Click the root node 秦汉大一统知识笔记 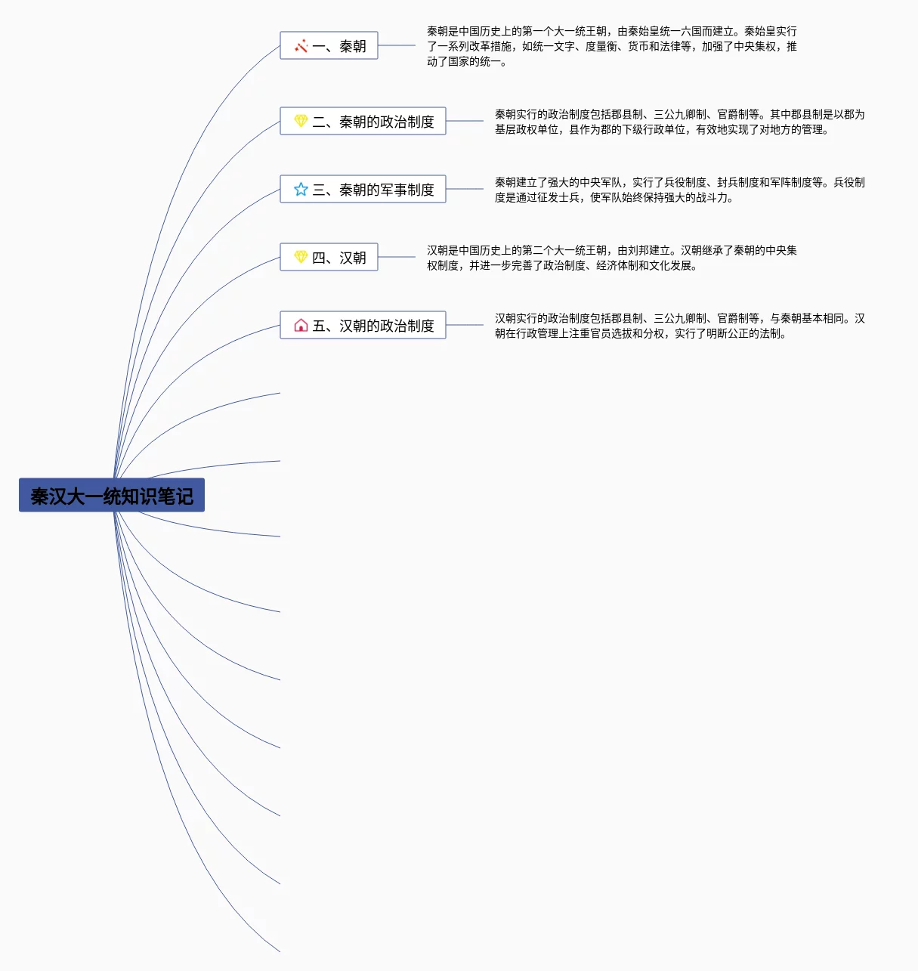[x=112, y=496]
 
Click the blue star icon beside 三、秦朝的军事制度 [x=301, y=189]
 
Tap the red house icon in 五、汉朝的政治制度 [x=301, y=326]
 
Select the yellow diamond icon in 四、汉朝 [x=301, y=257]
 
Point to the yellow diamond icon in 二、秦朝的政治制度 [x=301, y=121]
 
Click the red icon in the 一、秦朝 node [x=301, y=46]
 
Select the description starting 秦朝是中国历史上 [x=611, y=46]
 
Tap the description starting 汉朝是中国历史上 [x=611, y=258]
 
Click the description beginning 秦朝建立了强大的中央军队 [x=679, y=190]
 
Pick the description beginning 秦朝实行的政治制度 [x=679, y=122]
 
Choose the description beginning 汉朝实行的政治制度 [x=679, y=326]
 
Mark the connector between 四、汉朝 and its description [x=397, y=257]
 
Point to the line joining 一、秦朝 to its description [x=397, y=45]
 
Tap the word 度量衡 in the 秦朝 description [x=601, y=46]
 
